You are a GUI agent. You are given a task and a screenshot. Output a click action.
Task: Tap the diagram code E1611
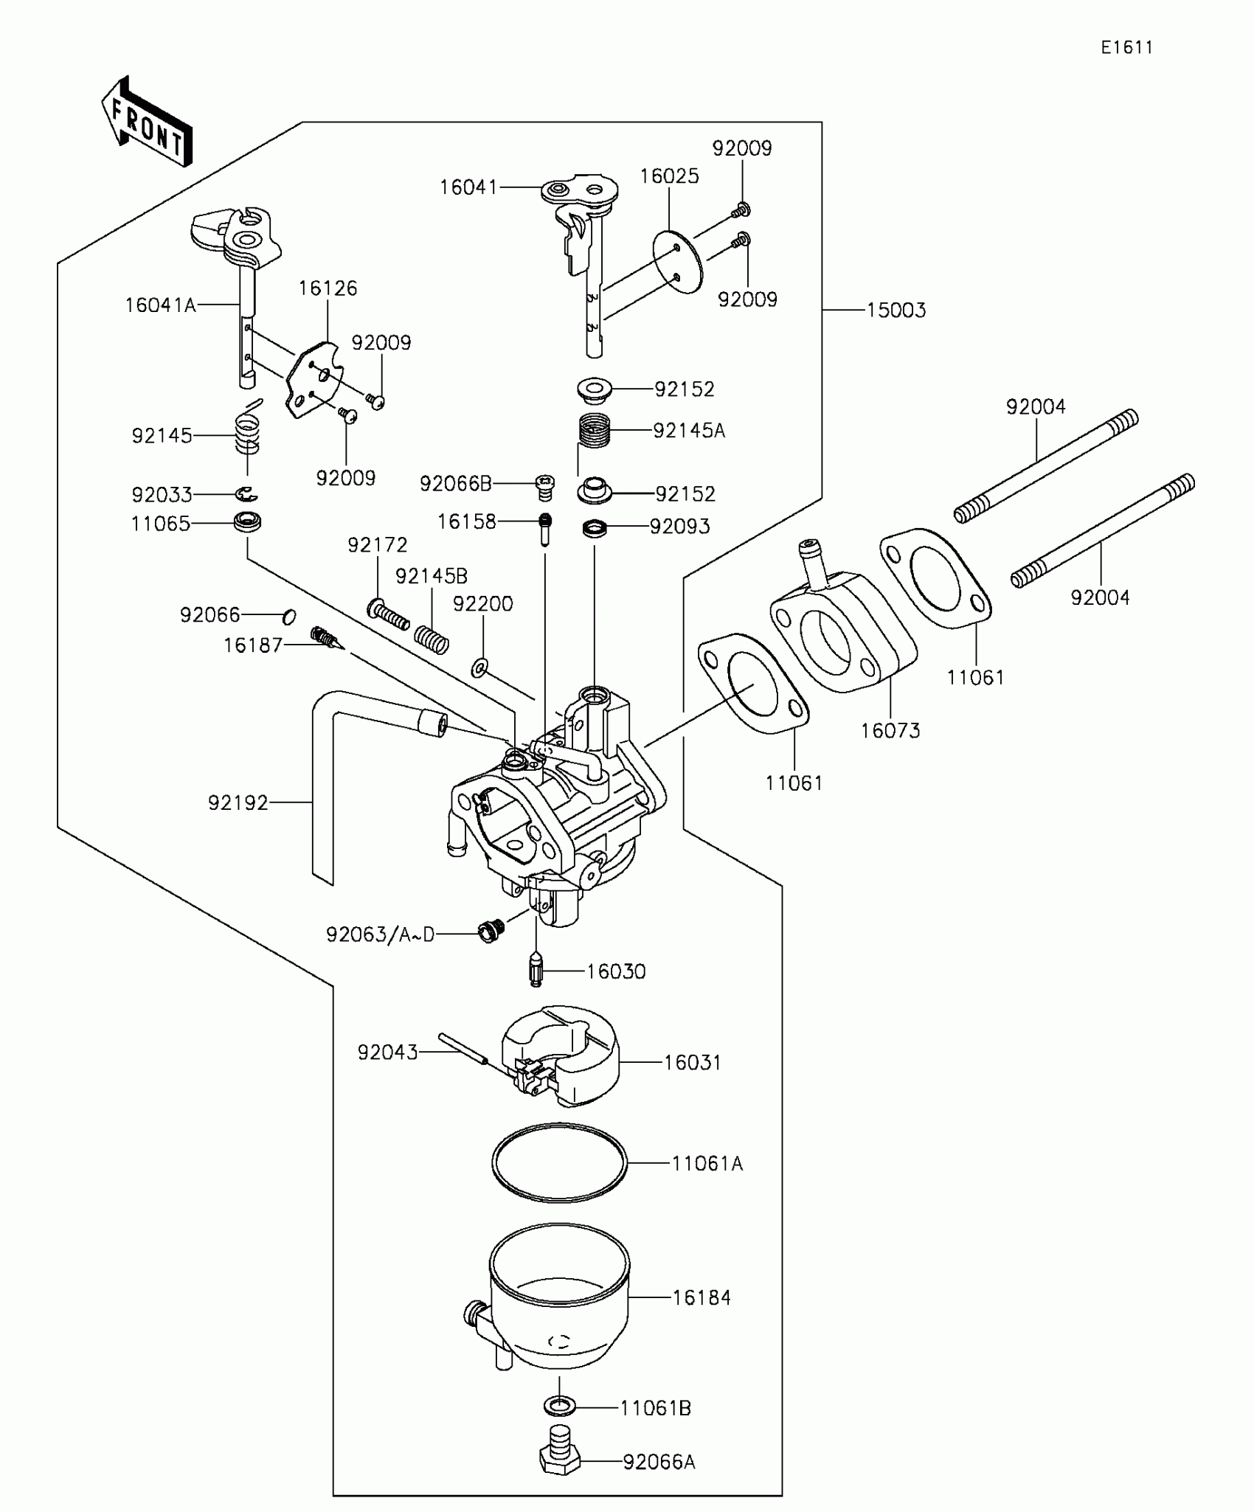(1126, 48)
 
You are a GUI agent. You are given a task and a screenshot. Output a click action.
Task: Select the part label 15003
(896, 311)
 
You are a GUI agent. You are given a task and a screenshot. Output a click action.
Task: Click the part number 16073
(890, 731)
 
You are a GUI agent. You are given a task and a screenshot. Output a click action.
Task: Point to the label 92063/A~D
(380, 935)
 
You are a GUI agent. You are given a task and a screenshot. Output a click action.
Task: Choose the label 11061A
(707, 1164)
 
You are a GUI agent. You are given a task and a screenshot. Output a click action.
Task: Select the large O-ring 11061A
(559, 1162)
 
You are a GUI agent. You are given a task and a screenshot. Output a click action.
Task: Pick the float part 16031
(561, 1056)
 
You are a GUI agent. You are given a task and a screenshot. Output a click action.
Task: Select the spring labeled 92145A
(594, 430)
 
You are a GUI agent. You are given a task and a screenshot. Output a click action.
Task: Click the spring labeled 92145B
(432, 639)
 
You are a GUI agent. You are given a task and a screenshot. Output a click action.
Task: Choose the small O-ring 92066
(290, 616)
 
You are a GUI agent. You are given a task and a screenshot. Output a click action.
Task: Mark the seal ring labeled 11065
(248, 523)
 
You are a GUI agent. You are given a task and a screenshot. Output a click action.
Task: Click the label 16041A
(160, 305)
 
